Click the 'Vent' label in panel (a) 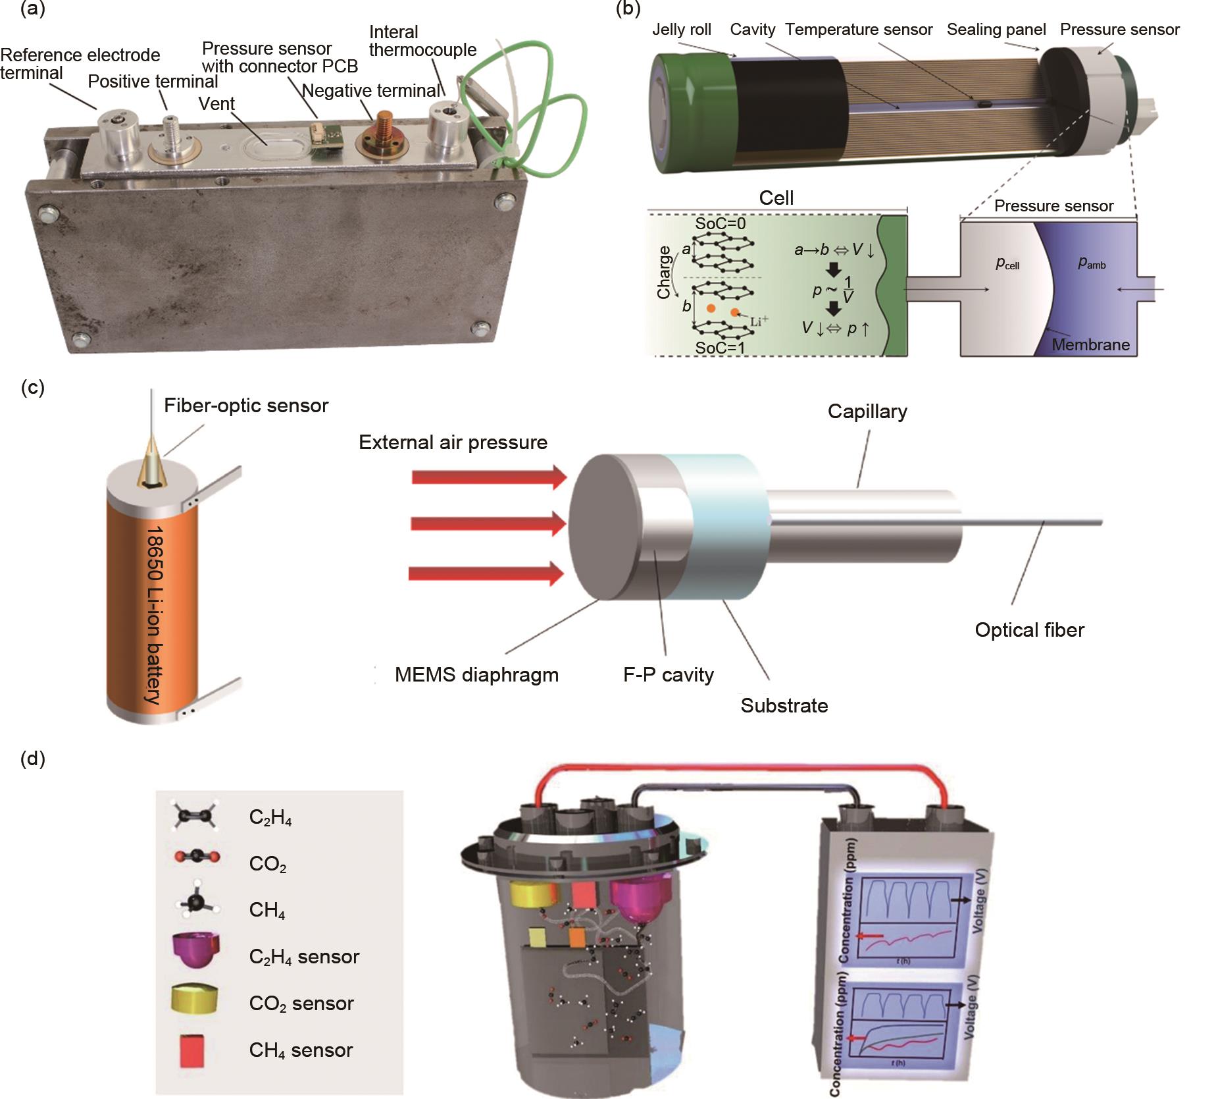pyautogui.click(x=216, y=104)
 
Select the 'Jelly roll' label pyautogui.click(x=682, y=30)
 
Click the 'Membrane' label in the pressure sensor pyautogui.click(x=1090, y=344)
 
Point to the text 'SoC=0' pyautogui.click(x=721, y=223)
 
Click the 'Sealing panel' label pyautogui.click(x=996, y=30)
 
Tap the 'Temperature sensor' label pyautogui.click(x=859, y=30)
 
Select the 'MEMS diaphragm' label pyautogui.click(x=476, y=675)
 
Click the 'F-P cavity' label pyautogui.click(x=669, y=675)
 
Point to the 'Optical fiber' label pyautogui.click(x=1029, y=630)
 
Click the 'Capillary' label pyautogui.click(x=867, y=412)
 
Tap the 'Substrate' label pyautogui.click(x=784, y=706)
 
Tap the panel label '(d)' pyautogui.click(x=33, y=759)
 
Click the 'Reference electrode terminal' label pyautogui.click(x=80, y=64)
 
